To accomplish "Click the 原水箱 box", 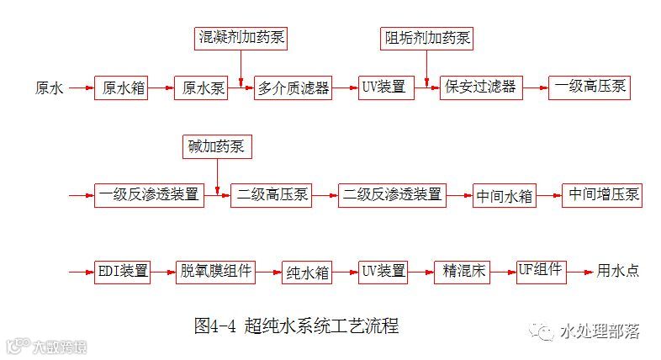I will pos(120,87).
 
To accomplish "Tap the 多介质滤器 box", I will pos(293,87).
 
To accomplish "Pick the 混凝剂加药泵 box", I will pos(240,38).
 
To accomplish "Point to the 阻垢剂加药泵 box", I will pos(428,38).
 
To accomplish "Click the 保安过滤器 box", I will pos(481,87).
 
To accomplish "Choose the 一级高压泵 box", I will pos(590,87).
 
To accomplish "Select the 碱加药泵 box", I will pos(216,146).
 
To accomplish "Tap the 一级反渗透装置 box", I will pos(149,195).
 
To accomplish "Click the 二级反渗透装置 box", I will pos(392,195).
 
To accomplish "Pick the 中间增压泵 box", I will pos(603,195).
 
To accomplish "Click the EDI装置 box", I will pos(123,271).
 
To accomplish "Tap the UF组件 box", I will pos(541,271).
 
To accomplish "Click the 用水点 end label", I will pos(618,271).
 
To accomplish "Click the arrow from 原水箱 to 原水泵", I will pos(161,87).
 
